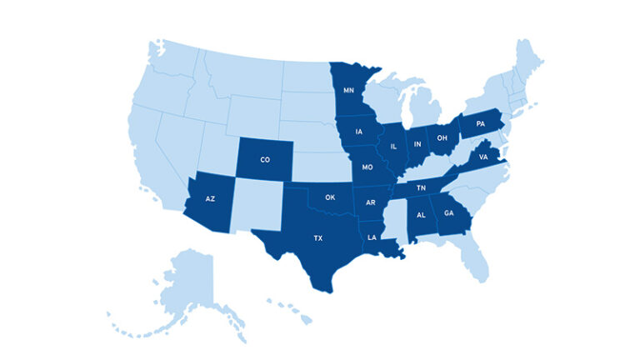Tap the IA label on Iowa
tap(358, 132)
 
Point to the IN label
tap(417, 144)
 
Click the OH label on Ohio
tap(442, 137)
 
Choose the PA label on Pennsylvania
tap(480, 124)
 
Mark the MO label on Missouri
tap(367, 167)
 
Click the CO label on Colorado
tap(265, 159)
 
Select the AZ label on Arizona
tap(210, 200)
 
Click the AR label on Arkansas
tap(371, 202)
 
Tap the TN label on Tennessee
tap(422, 188)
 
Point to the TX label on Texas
tap(317, 238)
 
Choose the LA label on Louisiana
tap(372, 237)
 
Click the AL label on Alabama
tap(421, 215)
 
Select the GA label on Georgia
tap(449, 212)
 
